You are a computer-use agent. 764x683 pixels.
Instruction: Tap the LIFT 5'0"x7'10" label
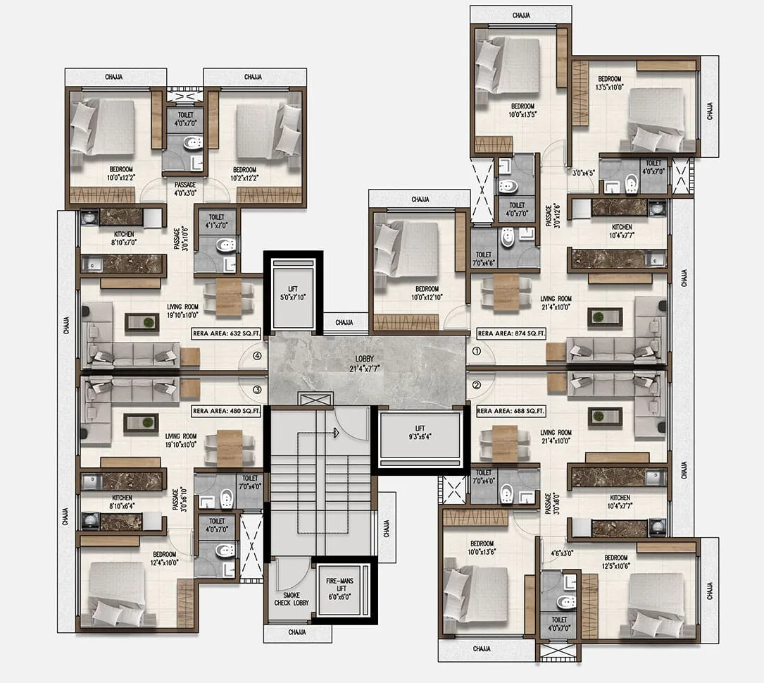[292, 293]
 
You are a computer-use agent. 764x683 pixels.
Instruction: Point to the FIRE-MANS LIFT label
[342, 589]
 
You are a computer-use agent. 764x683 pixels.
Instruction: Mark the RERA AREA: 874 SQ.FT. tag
[511, 333]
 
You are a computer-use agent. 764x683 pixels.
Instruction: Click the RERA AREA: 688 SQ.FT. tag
[511, 410]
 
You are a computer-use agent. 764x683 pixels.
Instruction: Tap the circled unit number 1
[476, 350]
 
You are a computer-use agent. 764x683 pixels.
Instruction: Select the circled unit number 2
[476, 385]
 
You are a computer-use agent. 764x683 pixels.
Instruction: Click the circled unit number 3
[258, 389]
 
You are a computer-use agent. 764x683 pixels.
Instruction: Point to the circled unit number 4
[258, 356]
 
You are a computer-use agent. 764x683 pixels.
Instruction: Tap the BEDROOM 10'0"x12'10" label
[427, 293]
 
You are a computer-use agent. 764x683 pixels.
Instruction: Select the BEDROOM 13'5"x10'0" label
[610, 83]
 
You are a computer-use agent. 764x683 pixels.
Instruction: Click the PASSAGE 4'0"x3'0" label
[185, 189]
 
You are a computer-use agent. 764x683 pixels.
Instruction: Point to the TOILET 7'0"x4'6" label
[484, 259]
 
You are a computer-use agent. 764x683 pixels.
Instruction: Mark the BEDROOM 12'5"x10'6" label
[615, 562]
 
